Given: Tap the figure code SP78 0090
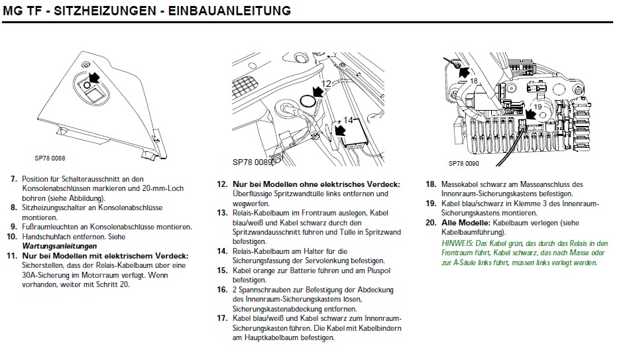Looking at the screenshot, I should click(463, 163).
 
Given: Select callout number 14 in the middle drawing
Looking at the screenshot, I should click(349, 120).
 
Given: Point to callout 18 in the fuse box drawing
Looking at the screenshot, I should click(473, 81).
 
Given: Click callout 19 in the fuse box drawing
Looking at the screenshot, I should click(538, 107).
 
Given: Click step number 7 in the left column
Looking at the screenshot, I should click(13, 179).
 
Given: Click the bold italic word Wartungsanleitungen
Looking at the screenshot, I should click(55, 246).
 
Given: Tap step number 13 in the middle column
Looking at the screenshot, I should click(222, 213).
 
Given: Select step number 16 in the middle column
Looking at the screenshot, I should click(222, 290).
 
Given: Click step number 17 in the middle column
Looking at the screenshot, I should click(222, 319).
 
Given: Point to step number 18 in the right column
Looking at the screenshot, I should click(430, 184).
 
